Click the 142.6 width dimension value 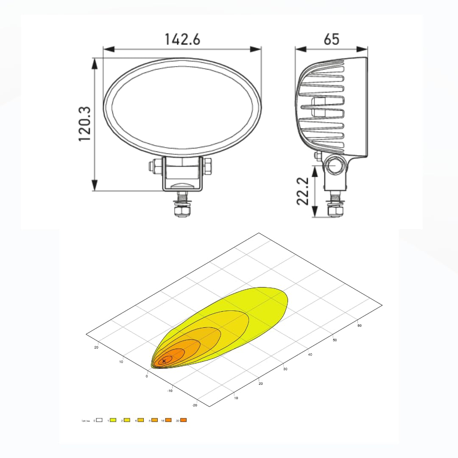182,39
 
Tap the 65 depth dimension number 331,39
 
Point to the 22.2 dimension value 302,191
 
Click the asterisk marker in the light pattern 164,361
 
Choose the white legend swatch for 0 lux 99,420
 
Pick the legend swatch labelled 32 183,420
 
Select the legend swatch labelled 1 113,420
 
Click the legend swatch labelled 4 141,420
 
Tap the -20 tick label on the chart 195,405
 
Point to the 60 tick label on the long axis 359,326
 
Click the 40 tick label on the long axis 310,355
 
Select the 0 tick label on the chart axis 147,376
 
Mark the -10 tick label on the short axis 170,391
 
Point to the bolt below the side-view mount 335,206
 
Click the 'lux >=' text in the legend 86,421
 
